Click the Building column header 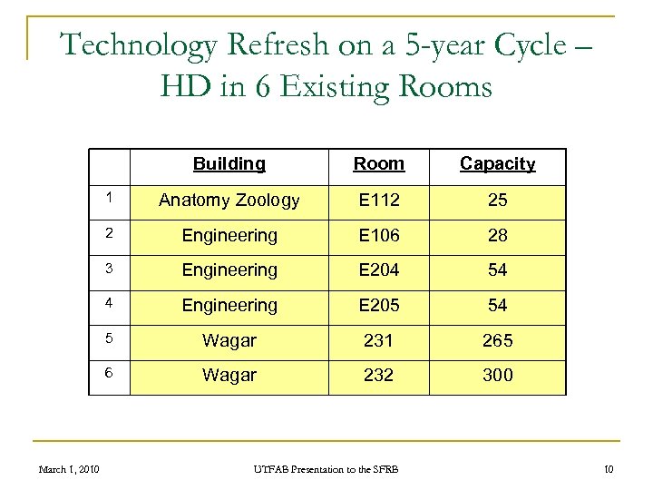(x=229, y=164)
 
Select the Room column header (x=378, y=164)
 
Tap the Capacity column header (x=497, y=164)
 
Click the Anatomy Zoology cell (x=229, y=201)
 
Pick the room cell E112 (x=378, y=201)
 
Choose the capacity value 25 (x=497, y=201)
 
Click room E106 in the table (x=378, y=236)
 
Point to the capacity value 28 (x=497, y=236)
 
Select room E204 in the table (x=378, y=270)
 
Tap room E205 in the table (x=378, y=306)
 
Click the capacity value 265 (x=497, y=340)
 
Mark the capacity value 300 (x=497, y=375)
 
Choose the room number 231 (x=378, y=340)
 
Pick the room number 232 (x=378, y=375)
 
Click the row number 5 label (x=108, y=338)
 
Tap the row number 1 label (x=108, y=196)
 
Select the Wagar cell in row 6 (x=229, y=375)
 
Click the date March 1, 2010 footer (x=70, y=469)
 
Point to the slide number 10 (x=609, y=469)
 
